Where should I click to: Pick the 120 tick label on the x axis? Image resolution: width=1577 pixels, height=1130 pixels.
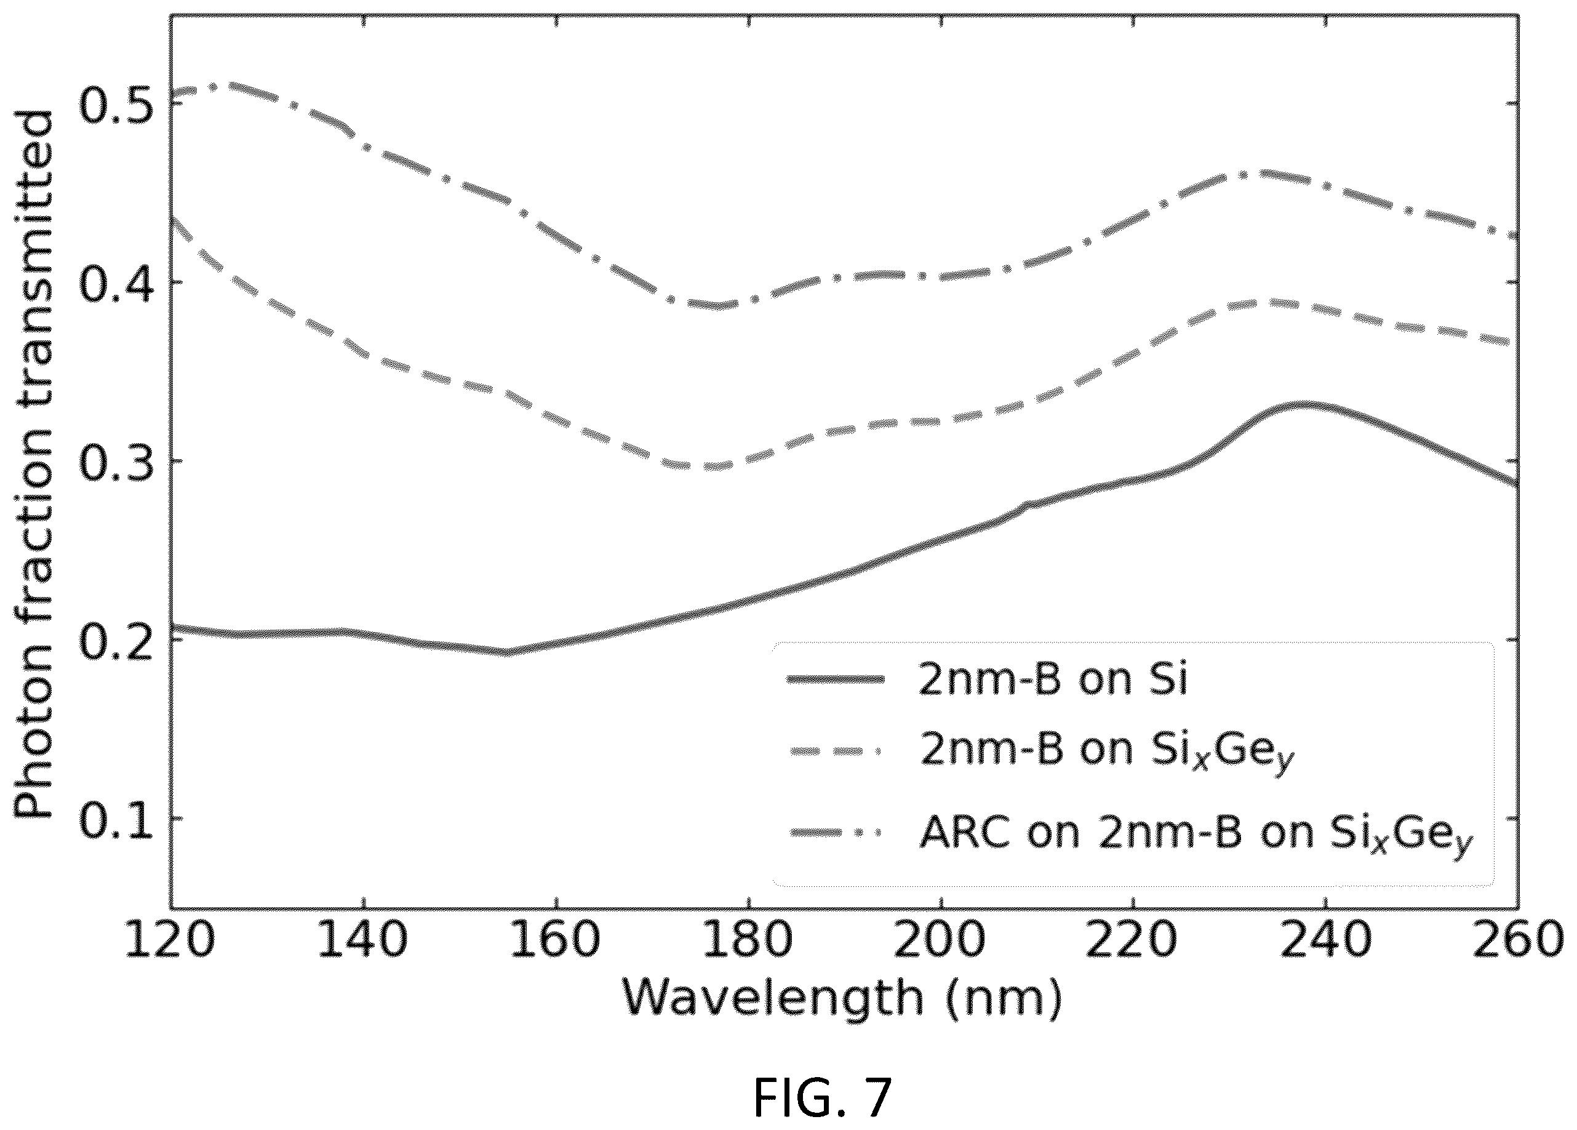click(x=170, y=940)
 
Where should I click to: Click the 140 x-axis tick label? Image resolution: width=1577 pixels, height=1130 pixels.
click(x=363, y=940)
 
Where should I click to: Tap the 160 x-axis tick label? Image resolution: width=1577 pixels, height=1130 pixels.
click(x=556, y=940)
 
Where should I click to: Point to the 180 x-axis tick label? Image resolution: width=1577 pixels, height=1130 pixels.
click(x=748, y=940)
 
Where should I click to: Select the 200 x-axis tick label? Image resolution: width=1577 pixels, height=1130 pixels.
click(x=941, y=940)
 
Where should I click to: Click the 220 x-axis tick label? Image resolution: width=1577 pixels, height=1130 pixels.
click(x=1133, y=940)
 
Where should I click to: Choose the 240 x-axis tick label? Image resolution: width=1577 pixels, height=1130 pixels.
click(x=1326, y=940)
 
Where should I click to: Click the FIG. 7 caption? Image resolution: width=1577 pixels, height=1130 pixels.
click(x=823, y=1097)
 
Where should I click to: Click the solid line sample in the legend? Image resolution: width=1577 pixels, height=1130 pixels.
click(x=835, y=679)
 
